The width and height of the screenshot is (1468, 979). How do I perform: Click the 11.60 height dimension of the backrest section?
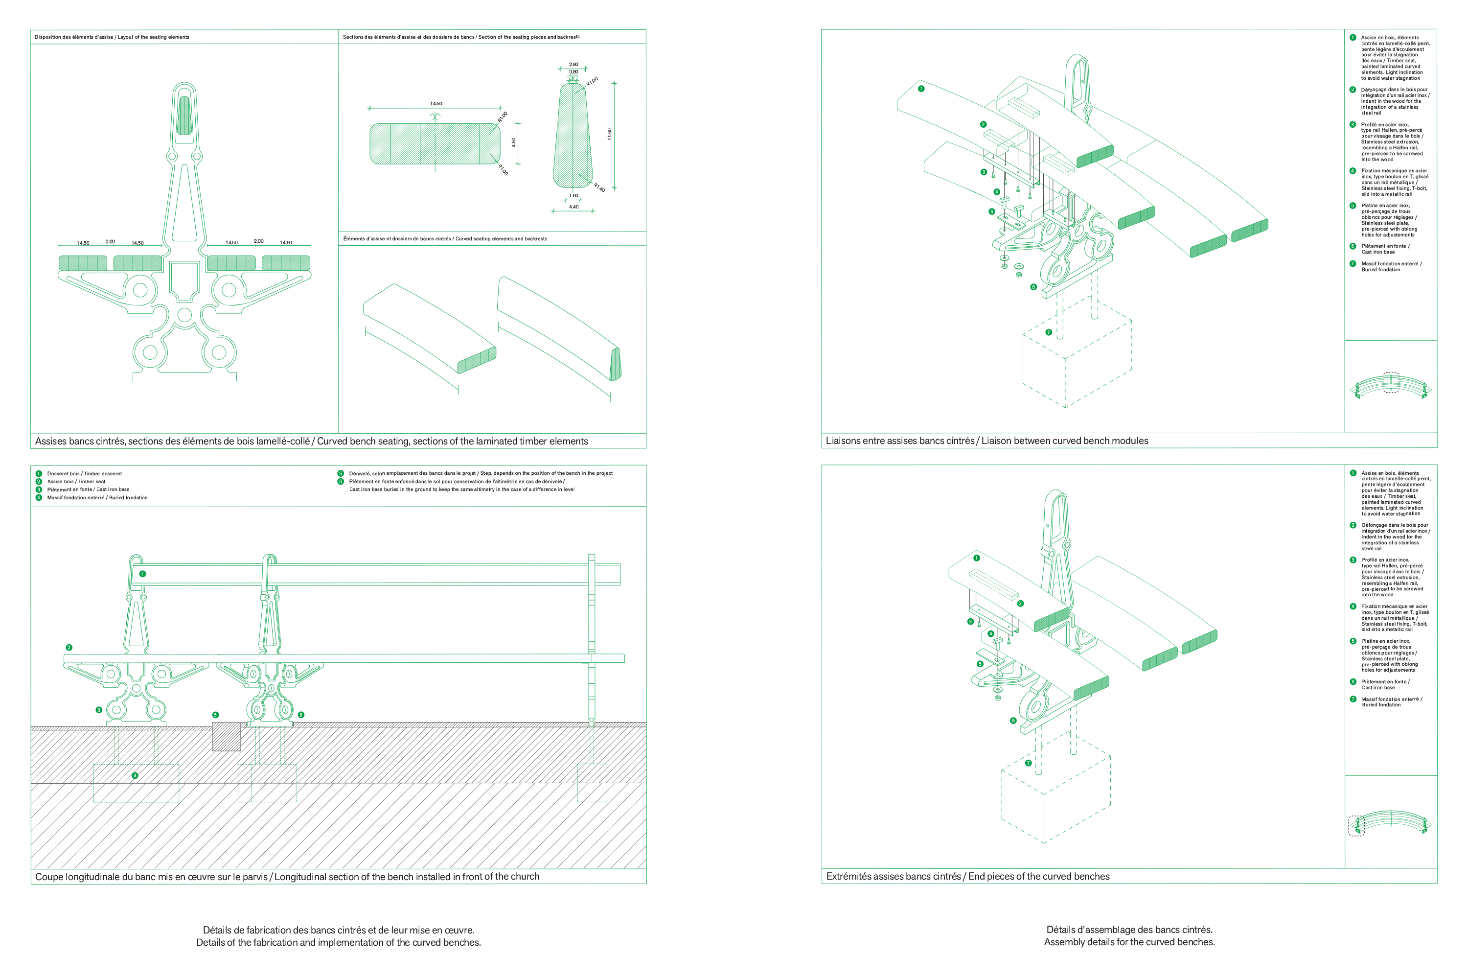[610, 134]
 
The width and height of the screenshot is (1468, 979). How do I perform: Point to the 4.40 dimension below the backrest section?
[573, 207]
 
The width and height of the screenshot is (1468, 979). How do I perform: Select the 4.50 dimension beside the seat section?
[514, 142]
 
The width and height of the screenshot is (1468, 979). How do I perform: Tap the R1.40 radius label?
[599, 187]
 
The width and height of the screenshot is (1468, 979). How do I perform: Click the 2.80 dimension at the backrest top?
[573, 64]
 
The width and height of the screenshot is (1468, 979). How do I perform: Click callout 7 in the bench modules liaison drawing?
[1049, 332]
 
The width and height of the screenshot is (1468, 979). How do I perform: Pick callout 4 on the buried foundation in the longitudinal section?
[135, 775]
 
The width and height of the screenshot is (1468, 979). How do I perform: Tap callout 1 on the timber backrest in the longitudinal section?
[142, 574]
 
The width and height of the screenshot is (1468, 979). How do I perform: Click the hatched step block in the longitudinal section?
[227, 737]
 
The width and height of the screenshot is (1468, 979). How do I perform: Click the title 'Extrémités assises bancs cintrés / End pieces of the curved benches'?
[967, 876]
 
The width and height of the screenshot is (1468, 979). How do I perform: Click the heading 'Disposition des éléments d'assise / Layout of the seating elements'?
[112, 37]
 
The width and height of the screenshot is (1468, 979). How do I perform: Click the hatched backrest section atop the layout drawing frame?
[184, 116]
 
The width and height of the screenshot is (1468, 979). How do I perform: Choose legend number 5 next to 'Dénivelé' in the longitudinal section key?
[340, 473]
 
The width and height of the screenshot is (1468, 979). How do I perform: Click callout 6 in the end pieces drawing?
[1013, 721]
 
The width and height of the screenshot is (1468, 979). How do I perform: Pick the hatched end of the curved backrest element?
[616, 364]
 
